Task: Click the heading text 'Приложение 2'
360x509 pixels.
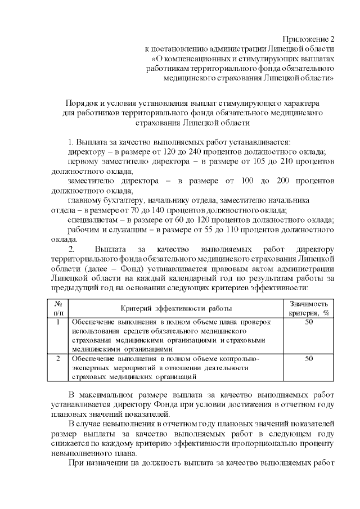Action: point(309,39)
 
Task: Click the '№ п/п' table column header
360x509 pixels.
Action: point(58,308)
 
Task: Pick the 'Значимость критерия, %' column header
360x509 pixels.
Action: point(308,308)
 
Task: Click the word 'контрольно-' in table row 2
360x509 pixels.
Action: point(236,358)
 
